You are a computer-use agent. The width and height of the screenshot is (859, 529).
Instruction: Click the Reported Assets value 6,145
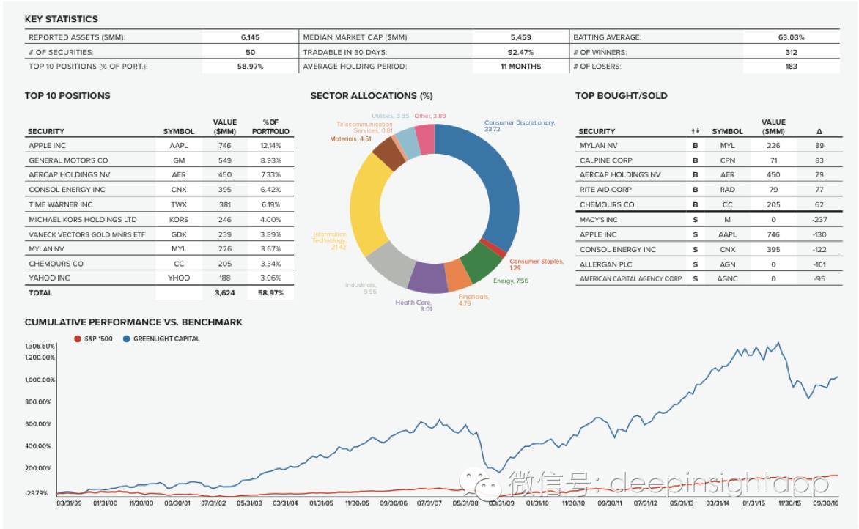[x=250, y=37]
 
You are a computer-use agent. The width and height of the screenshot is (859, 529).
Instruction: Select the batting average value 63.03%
[x=791, y=37]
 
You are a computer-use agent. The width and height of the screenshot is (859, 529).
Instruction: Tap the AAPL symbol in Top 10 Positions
[x=179, y=146]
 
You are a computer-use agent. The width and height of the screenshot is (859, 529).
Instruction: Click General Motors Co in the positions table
[x=68, y=160]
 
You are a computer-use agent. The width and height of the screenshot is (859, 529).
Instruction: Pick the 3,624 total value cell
[x=224, y=292]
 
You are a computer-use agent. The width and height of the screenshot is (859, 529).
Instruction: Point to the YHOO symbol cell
[x=179, y=278]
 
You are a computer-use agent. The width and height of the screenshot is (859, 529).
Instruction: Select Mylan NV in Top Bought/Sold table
[x=599, y=146]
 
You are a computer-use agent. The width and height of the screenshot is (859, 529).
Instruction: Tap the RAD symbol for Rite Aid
[x=727, y=190]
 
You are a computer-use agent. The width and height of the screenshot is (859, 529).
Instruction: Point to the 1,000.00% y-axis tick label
[x=40, y=380]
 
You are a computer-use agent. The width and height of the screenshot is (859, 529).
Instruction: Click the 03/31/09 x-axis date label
[x=502, y=503]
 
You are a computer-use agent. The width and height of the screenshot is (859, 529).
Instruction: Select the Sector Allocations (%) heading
[x=372, y=96]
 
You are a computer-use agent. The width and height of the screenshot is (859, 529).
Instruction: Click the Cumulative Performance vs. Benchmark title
[x=133, y=322]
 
